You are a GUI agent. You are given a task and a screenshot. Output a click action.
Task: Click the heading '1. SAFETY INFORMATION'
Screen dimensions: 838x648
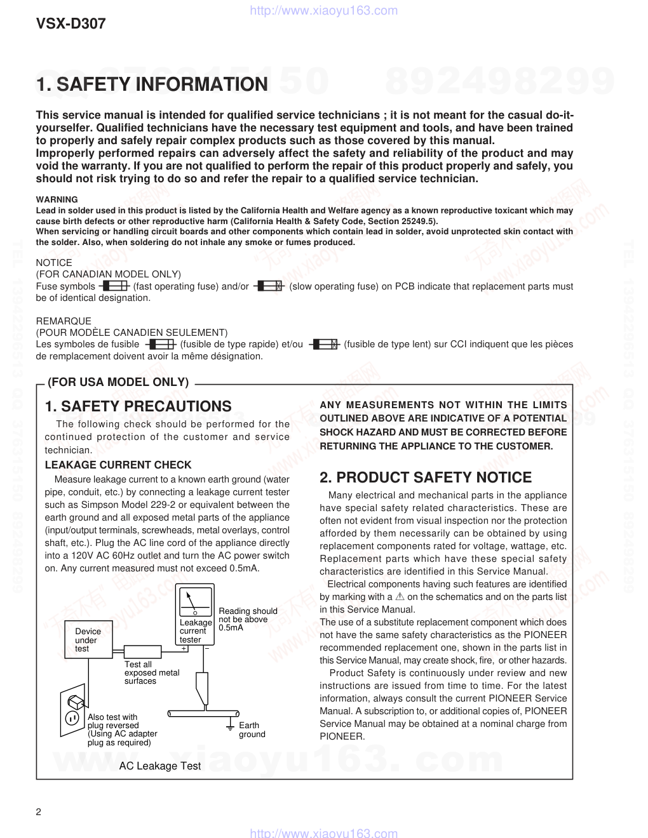pos(152,84)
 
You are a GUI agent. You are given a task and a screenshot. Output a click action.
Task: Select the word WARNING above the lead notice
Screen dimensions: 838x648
pos(57,199)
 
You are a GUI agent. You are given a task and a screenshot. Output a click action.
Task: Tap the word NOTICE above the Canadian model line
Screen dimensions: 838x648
pos(54,262)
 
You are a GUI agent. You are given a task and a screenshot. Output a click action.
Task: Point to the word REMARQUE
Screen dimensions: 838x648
pos(64,321)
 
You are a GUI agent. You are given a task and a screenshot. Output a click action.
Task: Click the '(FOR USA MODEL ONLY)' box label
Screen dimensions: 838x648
pos(118,382)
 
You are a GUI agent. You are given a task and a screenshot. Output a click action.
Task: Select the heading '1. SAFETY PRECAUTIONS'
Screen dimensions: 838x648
pos(138,406)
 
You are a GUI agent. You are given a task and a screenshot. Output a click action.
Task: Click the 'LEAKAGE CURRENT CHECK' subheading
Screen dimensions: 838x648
pos(118,465)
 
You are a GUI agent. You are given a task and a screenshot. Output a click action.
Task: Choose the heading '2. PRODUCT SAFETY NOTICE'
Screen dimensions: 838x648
pos(426,477)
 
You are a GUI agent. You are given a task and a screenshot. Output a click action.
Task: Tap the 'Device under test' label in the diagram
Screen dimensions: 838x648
pos(88,640)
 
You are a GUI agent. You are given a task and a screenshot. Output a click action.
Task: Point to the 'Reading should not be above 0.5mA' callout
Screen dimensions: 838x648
pos(248,619)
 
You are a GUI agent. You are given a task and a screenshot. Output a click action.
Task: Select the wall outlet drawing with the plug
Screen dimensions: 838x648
pos(72,710)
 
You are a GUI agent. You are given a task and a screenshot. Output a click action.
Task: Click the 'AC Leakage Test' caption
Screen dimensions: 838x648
pos(160,766)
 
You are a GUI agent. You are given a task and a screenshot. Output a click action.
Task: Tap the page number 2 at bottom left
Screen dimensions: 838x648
pos(39,813)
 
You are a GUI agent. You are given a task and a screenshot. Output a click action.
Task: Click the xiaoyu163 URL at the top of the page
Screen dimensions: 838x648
pos(324,10)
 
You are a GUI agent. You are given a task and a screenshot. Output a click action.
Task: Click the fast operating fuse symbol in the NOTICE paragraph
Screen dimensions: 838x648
pos(114,286)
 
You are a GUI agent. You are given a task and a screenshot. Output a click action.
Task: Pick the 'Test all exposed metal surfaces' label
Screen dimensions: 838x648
pos(151,672)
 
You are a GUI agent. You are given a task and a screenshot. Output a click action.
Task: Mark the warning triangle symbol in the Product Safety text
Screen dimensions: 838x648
pos(400,597)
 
